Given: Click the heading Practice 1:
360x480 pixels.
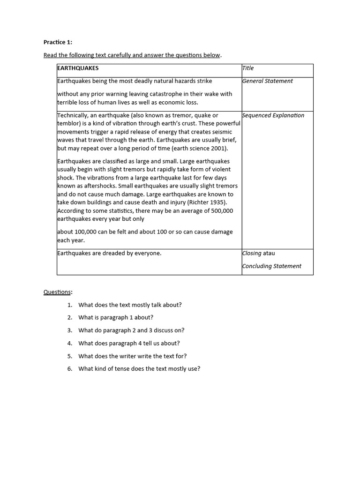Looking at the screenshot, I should coord(58,42).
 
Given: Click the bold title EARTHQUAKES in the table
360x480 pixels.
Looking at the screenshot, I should coord(78,68).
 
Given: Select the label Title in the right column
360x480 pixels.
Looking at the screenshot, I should coord(248,68).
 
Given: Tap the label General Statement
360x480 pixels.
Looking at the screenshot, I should coord(267,81).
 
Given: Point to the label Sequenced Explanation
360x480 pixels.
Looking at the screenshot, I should coord(273,115).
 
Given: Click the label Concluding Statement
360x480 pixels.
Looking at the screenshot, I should coord(271,266).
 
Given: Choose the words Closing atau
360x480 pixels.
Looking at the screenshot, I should coord(258,253).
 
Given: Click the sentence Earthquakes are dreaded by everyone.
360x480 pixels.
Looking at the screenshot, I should coord(109,253).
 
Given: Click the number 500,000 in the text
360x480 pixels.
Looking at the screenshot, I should coord(221,211).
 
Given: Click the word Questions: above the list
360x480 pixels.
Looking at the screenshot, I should coord(58,292).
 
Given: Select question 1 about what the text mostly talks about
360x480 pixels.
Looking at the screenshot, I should coord(130,305).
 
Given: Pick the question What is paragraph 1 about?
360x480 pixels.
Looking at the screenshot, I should coord(116,317).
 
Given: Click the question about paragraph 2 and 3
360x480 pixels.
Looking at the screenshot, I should coord(131,330).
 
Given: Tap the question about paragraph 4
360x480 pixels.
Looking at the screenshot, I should coord(129,343).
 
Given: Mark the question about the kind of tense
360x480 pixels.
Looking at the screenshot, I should coord(139,369).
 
